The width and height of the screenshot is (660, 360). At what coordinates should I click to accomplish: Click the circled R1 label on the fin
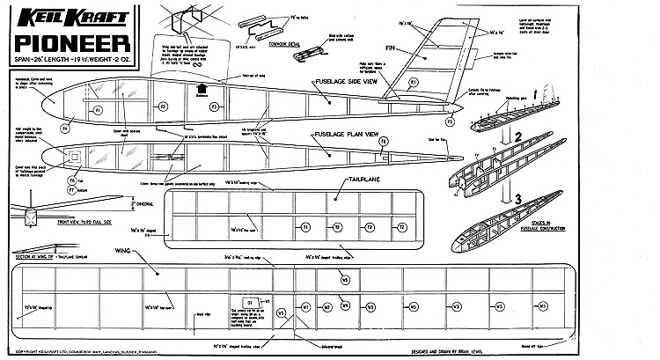pyautogui.click(x=414, y=84)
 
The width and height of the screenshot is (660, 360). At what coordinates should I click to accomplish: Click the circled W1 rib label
pyautogui.click(x=304, y=307)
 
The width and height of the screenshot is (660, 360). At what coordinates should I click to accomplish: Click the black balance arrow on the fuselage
pyautogui.click(x=202, y=89)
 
